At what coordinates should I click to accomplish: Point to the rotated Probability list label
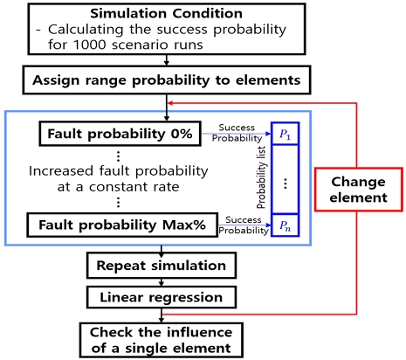pyautogui.click(x=259, y=179)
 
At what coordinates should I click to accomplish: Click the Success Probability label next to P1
pyautogui.click(x=237, y=132)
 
